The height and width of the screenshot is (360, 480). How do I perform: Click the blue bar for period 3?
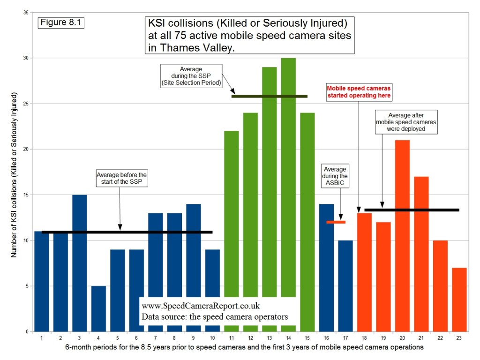point(79,262)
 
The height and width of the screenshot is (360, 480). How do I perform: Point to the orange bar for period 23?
point(459,300)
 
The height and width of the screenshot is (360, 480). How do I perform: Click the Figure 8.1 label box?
point(60,22)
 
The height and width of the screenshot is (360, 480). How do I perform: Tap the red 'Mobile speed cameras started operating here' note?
point(359,91)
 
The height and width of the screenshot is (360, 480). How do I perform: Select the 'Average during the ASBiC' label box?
point(335,176)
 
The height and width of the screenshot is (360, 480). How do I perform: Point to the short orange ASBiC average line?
point(336,222)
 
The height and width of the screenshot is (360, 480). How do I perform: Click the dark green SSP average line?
point(270,96)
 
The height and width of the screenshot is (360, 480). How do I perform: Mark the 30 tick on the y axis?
point(25,58)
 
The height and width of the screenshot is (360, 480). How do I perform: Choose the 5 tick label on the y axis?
point(27,286)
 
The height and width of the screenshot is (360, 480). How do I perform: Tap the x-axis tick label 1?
point(41,338)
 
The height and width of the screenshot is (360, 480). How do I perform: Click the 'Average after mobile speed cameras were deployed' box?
point(407,122)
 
